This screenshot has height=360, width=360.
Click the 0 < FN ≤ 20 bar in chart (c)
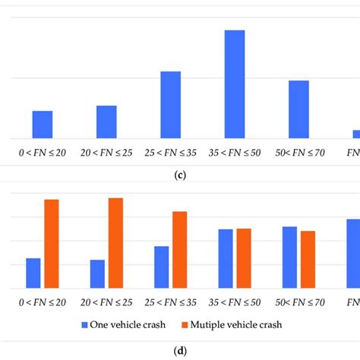(43, 125)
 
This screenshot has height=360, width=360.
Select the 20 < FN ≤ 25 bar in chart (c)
(106, 122)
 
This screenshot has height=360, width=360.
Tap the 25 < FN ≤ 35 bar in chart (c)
(170, 105)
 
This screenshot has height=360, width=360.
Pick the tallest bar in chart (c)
(234, 84)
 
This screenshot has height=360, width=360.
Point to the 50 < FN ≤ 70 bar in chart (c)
(298, 109)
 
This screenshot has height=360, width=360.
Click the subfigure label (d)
(180, 351)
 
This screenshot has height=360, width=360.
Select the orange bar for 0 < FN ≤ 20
(52, 244)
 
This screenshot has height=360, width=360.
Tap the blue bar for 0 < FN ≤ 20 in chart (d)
(33, 273)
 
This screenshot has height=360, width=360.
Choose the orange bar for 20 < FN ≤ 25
(115, 243)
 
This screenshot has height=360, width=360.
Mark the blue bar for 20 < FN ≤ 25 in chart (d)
(97, 274)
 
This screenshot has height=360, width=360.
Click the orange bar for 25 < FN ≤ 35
(180, 250)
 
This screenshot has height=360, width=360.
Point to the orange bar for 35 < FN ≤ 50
(244, 258)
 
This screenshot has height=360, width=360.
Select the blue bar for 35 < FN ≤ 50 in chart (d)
(226, 259)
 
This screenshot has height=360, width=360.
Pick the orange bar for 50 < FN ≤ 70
(308, 260)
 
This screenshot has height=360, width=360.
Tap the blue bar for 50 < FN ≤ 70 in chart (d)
(289, 257)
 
